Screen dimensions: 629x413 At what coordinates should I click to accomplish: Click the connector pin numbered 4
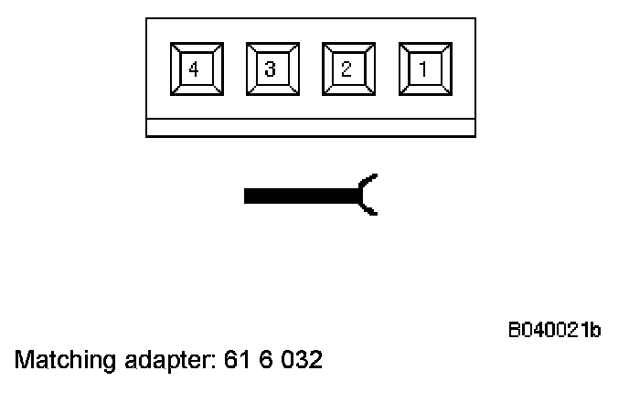coord(193,69)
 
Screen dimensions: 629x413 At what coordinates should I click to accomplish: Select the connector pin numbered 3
coord(270,69)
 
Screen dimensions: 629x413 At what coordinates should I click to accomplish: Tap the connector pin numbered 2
coord(346,69)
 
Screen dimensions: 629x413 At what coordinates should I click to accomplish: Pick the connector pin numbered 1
coord(421,69)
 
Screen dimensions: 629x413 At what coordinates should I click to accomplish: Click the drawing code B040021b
coord(555,330)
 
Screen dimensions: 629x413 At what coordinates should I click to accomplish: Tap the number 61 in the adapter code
coord(234,361)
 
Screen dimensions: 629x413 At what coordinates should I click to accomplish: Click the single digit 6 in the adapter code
coord(263,361)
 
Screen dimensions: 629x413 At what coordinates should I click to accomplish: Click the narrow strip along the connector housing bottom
coord(310,128)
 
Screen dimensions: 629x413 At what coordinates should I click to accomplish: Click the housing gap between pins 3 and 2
coord(307,69)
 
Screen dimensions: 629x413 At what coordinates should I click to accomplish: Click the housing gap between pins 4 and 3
coord(231,69)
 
